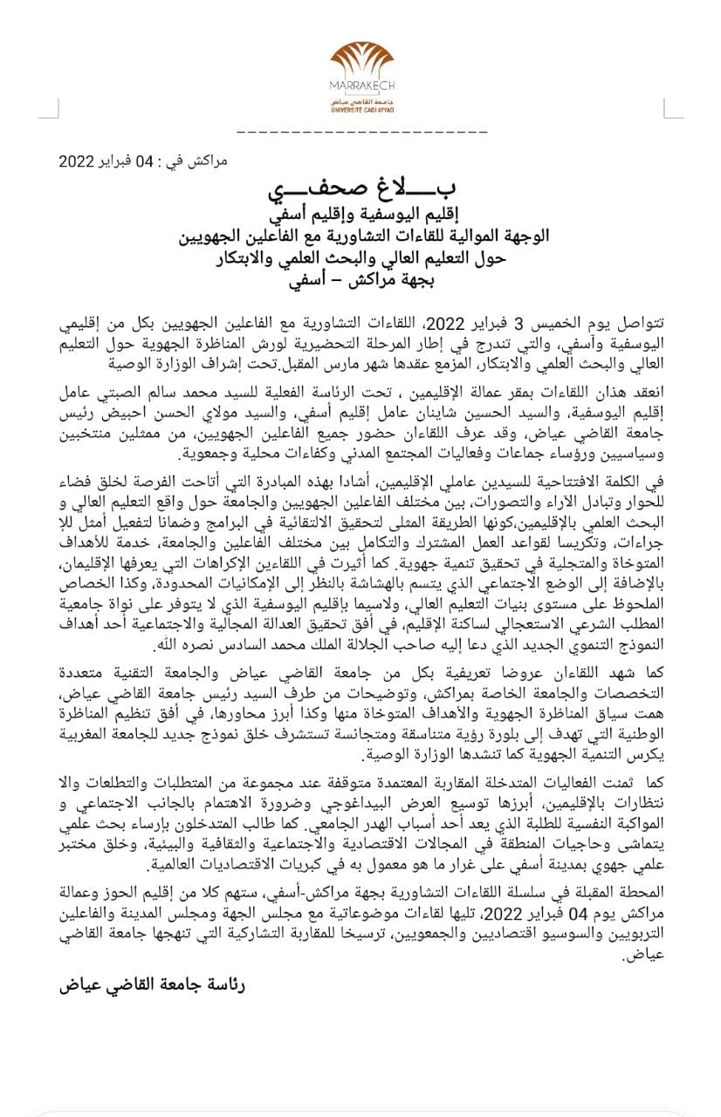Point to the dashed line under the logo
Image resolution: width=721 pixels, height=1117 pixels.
tap(360, 132)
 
